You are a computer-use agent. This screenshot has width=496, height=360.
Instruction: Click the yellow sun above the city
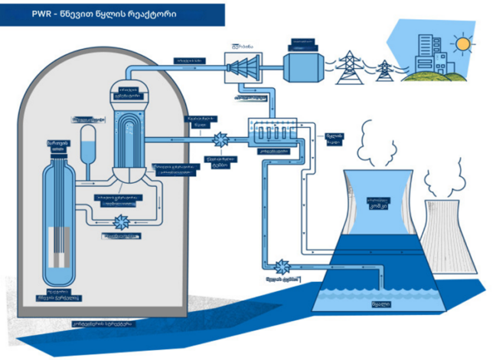click(x=463, y=44)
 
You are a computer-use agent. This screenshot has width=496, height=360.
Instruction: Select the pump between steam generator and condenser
click(x=222, y=140)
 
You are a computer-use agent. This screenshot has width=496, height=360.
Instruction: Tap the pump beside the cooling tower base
click(x=282, y=266)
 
